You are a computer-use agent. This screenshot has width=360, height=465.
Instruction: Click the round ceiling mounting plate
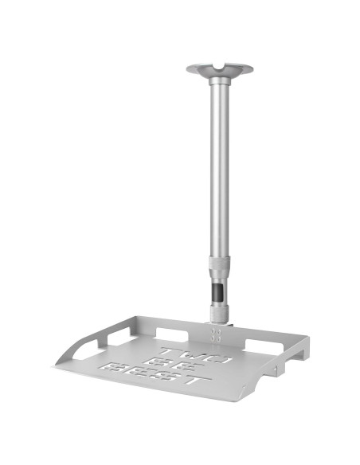click(x=220, y=69)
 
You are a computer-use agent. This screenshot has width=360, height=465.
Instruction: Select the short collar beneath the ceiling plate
click(x=220, y=80)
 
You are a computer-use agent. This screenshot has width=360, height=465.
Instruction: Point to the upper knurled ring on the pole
click(x=220, y=263)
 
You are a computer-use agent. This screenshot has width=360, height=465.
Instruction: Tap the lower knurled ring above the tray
click(x=220, y=311)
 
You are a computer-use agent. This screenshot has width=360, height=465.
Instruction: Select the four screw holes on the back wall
click(x=216, y=334)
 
